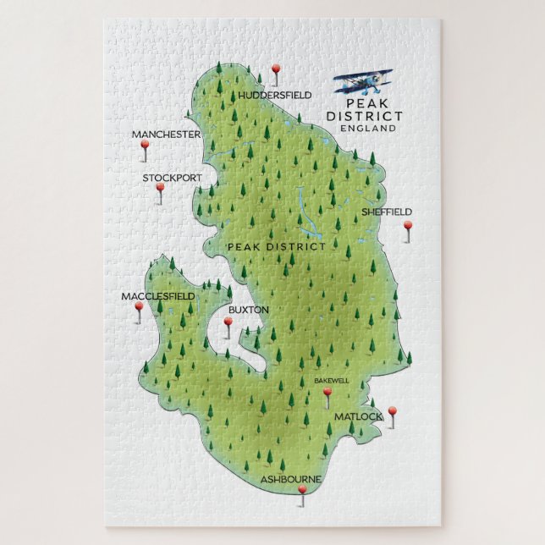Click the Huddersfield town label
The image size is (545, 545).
pyautogui.click(x=275, y=95)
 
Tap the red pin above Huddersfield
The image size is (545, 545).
pyautogui.click(x=275, y=69)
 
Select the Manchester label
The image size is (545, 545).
pyautogui.click(x=166, y=135)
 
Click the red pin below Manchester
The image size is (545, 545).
pyautogui.click(x=145, y=146)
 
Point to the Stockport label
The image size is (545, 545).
pyautogui.click(x=172, y=178)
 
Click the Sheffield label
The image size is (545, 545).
pyautogui.click(x=387, y=212)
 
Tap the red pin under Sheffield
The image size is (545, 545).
pyautogui.click(x=407, y=226)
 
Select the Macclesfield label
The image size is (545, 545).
pyautogui.click(x=157, y=296)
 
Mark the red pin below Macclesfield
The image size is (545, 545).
pyautogui.click(x=139, y=307)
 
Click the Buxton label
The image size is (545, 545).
pyautogui.click(x=248, y=310)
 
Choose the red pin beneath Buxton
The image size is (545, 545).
pyautogui.click(x=227, y=323)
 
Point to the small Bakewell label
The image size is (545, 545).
pyautogui.click(x=331, y=381)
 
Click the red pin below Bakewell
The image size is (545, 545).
pyautogui.click(x=328, y=392)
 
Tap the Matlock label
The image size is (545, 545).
pyautogui.click(x=358, y=416)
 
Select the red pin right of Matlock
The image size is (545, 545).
pyautogui.click(x=392, y=411)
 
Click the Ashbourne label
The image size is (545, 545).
pyautogui.click(x=290, y=479)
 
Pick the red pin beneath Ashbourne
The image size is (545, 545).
pyautogui.click(x=302, y=490)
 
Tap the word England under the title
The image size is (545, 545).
pyautogui.click(x=366, y=128)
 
